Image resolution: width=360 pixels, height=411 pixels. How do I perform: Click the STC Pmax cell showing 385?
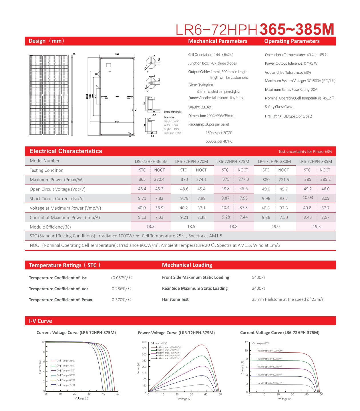click(x=308, y=179)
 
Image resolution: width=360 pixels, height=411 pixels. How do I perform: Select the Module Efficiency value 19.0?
click(x=275, y=227)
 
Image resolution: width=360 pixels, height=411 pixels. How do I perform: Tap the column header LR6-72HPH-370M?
click(x=192, y=161)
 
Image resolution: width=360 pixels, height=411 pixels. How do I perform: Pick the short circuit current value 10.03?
click(x=308, y=198)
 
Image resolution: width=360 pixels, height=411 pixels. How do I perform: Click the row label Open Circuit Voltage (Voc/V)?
click(x=57, y=189)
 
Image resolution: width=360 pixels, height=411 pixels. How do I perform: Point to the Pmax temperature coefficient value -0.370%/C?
click(x=121, y=300)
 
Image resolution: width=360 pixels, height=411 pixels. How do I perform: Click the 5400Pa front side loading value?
click(x=258, y=277)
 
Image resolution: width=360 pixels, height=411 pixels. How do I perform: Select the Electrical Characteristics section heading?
click(x=66, y=151)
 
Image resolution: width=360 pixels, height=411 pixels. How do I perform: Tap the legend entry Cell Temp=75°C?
click(x=65, y=385)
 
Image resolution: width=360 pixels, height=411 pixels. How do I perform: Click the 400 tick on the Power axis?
click(x=144, y=342)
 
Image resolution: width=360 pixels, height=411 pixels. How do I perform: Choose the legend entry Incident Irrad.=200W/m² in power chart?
click(x=168, y=358)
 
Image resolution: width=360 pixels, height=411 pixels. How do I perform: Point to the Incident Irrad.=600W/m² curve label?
click(x=269, y=367)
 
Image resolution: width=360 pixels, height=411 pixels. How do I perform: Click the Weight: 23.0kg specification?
click(x=200, y=107)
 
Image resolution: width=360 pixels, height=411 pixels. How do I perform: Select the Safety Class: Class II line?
click(x=279, y=107)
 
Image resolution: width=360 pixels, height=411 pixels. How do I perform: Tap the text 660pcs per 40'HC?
click(x=219, y=141)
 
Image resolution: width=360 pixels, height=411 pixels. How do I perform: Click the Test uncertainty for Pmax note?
click(x=305, y=152)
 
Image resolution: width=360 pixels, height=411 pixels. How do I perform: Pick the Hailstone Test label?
click(x=175, y=299)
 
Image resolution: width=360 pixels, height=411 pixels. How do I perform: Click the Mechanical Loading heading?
click(x=187, y=265)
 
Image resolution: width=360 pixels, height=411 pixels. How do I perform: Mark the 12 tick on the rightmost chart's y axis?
click(x=246, y=342)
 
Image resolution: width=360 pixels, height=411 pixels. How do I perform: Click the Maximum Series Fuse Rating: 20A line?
click(x=291, y=90)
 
